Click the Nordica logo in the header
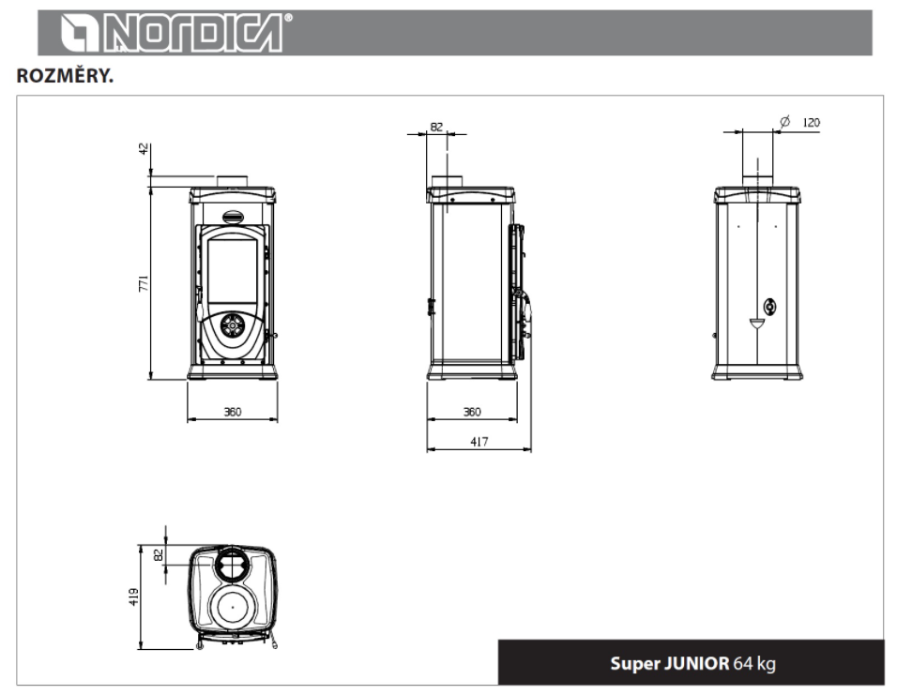[176, 33]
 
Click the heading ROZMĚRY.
[65, 76]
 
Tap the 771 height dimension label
[143, 283]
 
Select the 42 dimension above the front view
[143, 149]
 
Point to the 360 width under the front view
[233, 412]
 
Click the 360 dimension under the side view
[472, 412]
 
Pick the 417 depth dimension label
[479, 442]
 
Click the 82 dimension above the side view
[436, 127]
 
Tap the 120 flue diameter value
[812, 123]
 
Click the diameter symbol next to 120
[784, 121]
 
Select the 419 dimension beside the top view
[134, 597]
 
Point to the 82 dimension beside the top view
[159, 554]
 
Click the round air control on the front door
[233, 325]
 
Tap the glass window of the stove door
[233, 272]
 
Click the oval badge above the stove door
[233, 217]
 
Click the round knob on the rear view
[770, 308]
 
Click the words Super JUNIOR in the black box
[669, 663]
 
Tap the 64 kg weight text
[754, 663]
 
